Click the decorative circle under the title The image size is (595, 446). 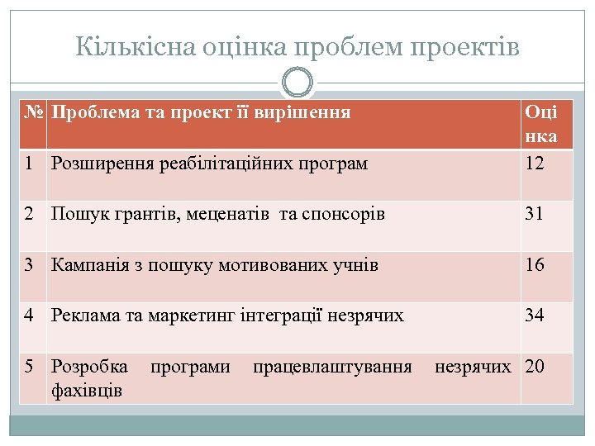(297, 83)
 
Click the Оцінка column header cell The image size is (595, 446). (540, 123)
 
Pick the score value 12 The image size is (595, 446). (535, 164)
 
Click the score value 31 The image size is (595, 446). (535, 214)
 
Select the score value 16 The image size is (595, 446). (535, 264)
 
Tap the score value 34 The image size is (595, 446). (535, 315)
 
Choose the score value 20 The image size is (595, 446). (535, 365)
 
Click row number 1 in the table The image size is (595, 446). (29, 164)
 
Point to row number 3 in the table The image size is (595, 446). (29, 264)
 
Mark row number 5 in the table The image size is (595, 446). (29, 365)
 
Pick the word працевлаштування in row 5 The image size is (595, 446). (332, 365)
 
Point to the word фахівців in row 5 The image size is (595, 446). (87, 389)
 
